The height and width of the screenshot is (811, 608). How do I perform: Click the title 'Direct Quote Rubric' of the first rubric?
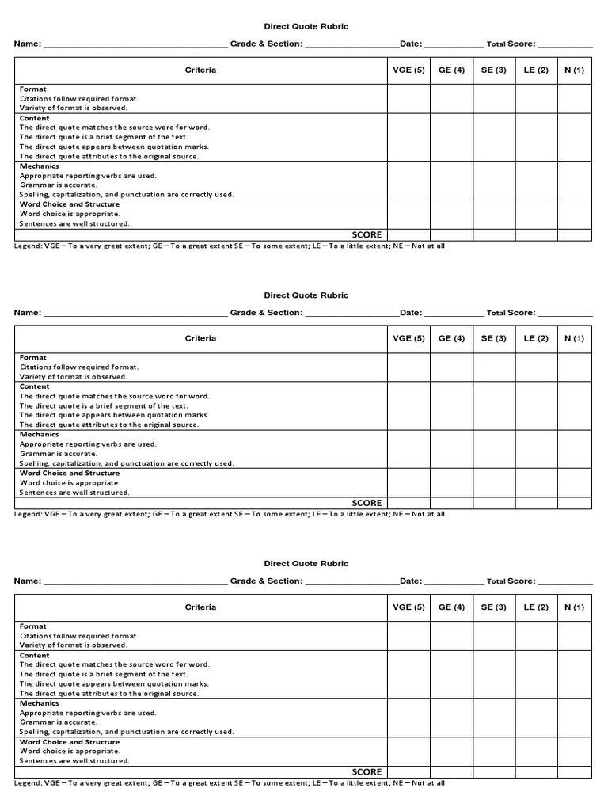click(x=306, y=26)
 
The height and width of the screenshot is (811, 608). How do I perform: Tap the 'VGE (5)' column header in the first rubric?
click(x=408, y=70)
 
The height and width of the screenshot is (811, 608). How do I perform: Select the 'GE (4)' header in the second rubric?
click(x=451, y=338)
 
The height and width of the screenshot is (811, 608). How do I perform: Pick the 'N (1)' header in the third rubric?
click(x=574, y=607)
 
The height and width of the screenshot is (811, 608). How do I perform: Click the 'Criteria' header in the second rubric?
click(x=200, y=338)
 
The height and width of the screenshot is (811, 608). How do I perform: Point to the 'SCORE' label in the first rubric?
click(x=367, y=234)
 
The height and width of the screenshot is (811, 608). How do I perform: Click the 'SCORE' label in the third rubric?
click(x=367, y=771)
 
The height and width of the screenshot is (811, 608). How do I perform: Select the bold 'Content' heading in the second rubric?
click(x=35, y=386)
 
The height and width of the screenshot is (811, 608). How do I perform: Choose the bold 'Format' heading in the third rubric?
click(x=33, y=626)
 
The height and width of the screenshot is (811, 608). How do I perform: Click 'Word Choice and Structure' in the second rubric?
click(x=70, y=473)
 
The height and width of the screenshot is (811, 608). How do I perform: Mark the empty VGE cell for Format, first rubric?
click(x=408, y=98)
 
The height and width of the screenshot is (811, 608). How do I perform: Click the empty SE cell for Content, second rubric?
click(x=494, y=405)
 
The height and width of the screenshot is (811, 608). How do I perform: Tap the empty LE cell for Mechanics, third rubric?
click(x=536, y=718)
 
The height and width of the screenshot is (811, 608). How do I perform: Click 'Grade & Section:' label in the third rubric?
click(x=266, y=581)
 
